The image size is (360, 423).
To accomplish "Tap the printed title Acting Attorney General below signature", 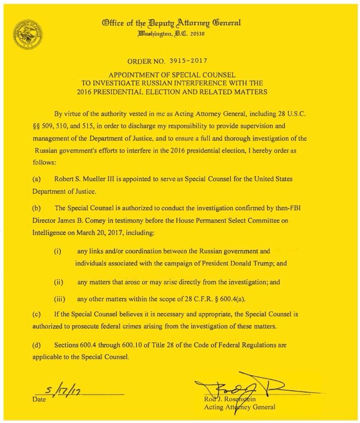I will (240, 407).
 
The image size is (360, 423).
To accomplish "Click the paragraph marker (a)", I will (36, 179).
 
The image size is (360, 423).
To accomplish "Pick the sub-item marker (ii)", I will (58, 282).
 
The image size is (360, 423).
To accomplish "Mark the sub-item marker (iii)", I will (59, 298).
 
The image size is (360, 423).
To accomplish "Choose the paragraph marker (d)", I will (36, 345).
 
